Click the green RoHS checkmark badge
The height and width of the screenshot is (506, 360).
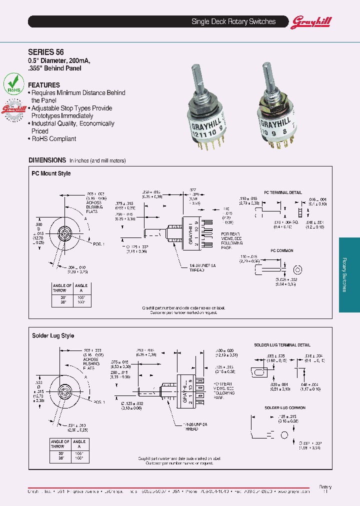tap(14, 83)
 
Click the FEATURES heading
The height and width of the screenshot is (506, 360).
tap(44, 85)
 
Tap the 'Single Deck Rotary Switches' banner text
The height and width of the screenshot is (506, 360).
tap(233, 21)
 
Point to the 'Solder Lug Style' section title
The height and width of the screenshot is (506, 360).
tap(53, 335)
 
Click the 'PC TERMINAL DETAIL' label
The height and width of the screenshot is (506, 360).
tap(283, 192)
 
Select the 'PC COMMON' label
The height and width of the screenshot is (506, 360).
tap(282, 250)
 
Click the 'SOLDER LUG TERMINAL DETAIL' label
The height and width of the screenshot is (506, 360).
tap(282, 345)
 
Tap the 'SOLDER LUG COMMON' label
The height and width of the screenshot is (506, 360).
tap(284, 407)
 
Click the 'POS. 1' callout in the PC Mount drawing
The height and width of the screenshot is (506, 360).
tap(99, 243)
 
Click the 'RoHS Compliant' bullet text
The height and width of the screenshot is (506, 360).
tap(54, 139)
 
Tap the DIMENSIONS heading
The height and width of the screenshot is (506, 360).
tap(47, 160)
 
